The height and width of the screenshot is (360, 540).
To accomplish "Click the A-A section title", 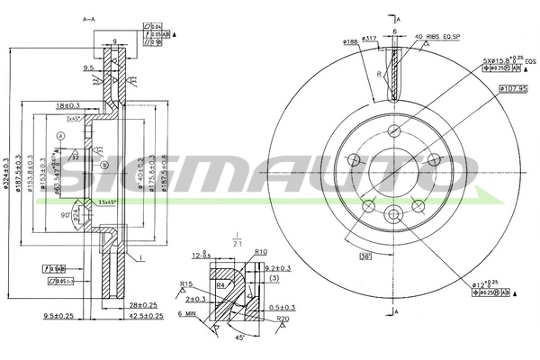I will click(88, 19).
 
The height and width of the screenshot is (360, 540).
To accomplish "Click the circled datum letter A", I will click(59, 134).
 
